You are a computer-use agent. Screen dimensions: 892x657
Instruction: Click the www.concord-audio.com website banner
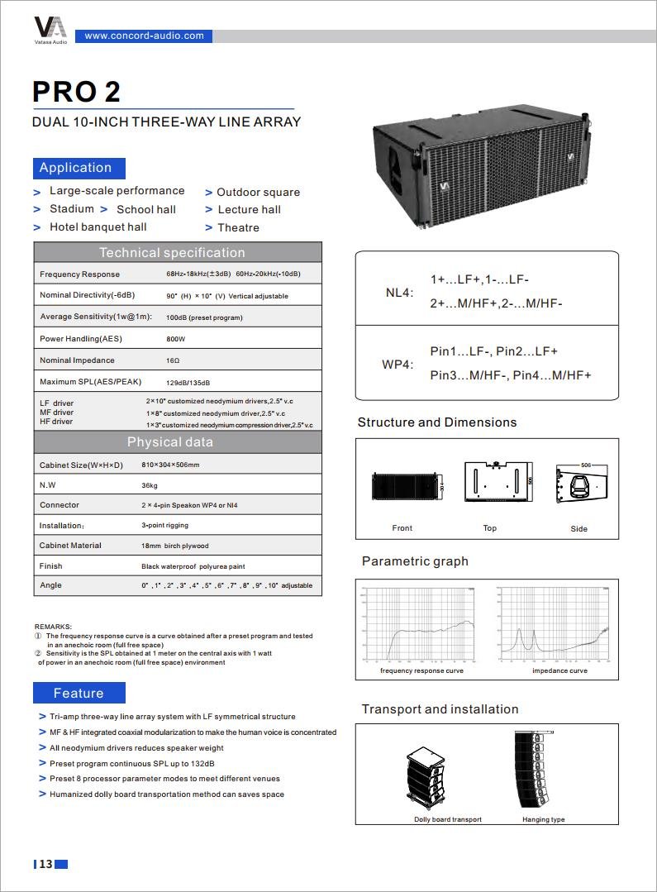144,36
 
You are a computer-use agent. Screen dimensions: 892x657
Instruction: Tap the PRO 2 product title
77,91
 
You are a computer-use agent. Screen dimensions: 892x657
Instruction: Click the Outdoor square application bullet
258,192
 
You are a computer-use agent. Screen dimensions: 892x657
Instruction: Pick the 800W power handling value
176,339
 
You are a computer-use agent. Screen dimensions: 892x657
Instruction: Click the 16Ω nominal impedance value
174,360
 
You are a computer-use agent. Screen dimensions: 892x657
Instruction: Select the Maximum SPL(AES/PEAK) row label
91,382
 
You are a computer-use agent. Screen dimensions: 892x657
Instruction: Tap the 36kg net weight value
149,485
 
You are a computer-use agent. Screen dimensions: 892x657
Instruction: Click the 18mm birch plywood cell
175,546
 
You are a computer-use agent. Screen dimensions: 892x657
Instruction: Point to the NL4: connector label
399,293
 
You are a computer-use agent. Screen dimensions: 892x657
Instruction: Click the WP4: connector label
398,365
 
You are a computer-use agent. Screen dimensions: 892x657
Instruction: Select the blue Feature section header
79,693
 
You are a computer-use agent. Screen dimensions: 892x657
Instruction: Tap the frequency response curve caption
421,670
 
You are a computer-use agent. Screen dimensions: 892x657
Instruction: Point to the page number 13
45,864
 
